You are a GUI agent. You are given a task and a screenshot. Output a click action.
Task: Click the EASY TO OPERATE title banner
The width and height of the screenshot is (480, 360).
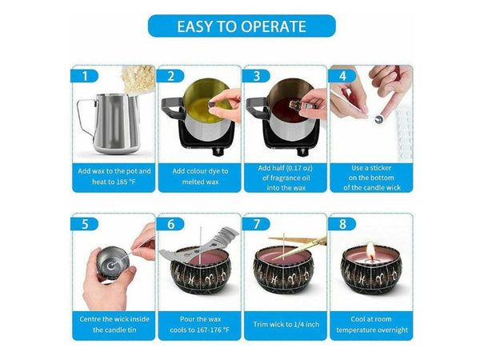tap(242, 26)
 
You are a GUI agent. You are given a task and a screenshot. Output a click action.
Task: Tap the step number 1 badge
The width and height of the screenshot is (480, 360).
tap(84, 76)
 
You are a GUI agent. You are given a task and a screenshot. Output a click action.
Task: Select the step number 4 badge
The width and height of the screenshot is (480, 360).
tap(342, 76)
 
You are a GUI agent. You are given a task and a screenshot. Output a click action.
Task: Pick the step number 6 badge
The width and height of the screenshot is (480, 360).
tap(170, 224)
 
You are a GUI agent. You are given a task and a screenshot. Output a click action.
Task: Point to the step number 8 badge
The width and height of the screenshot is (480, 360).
tap(342, 224)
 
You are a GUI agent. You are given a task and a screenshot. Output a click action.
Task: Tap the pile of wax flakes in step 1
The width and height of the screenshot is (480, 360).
tap(138, 79)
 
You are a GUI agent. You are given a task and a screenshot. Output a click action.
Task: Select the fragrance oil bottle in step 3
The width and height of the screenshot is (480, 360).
tap(299, 105)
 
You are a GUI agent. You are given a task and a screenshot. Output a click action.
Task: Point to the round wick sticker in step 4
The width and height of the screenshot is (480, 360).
tap(379, 119)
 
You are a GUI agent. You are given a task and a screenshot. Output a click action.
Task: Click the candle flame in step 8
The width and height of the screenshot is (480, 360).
tap(370, 250)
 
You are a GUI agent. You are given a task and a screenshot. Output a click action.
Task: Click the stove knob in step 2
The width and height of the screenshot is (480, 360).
tap(218, 151)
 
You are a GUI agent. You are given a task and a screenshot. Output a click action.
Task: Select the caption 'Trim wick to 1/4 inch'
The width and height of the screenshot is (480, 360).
tap(286, 324)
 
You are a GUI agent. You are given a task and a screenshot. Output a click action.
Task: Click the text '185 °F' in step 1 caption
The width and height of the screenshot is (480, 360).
tap(126, 182)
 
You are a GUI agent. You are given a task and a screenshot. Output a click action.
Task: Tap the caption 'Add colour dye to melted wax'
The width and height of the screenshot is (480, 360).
tap(200, 176)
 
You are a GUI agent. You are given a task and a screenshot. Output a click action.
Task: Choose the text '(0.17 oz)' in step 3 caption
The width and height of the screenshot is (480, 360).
tap(299, 168)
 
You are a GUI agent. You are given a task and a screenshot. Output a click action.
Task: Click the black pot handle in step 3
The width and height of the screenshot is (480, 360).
tap(257, 108)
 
